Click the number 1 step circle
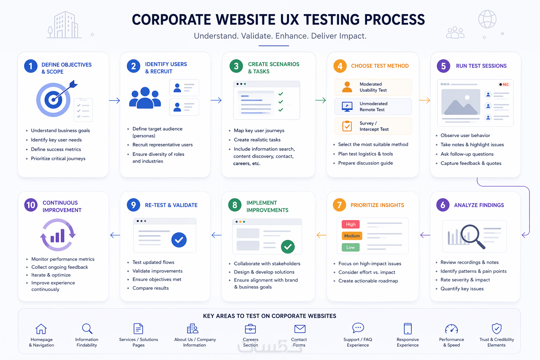[x=31, y=66]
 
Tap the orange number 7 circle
[x=339, y=205]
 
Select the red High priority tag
[x=351, y=224]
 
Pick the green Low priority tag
[x=351, y=247]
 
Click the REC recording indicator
[x=504, y=84]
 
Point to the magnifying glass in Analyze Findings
[x=472, y=236]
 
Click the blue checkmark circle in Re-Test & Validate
[x=179, y=240]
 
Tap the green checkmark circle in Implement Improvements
[x=288, y=246]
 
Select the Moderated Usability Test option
[x=373, y=87]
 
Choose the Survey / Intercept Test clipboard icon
[x=347, y=126]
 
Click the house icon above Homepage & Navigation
[x=41, y=329]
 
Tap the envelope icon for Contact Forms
[x=300, y=329]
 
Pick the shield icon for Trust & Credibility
[x=497, y=328]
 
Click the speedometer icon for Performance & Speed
[x=451, y=329]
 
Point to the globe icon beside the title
[x=487, y=19]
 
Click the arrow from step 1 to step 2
[x=115, y=100]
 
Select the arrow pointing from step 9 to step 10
[x=115, y=235]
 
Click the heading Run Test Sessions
[x=481, y=66]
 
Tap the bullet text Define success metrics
[x=56, y=149]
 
